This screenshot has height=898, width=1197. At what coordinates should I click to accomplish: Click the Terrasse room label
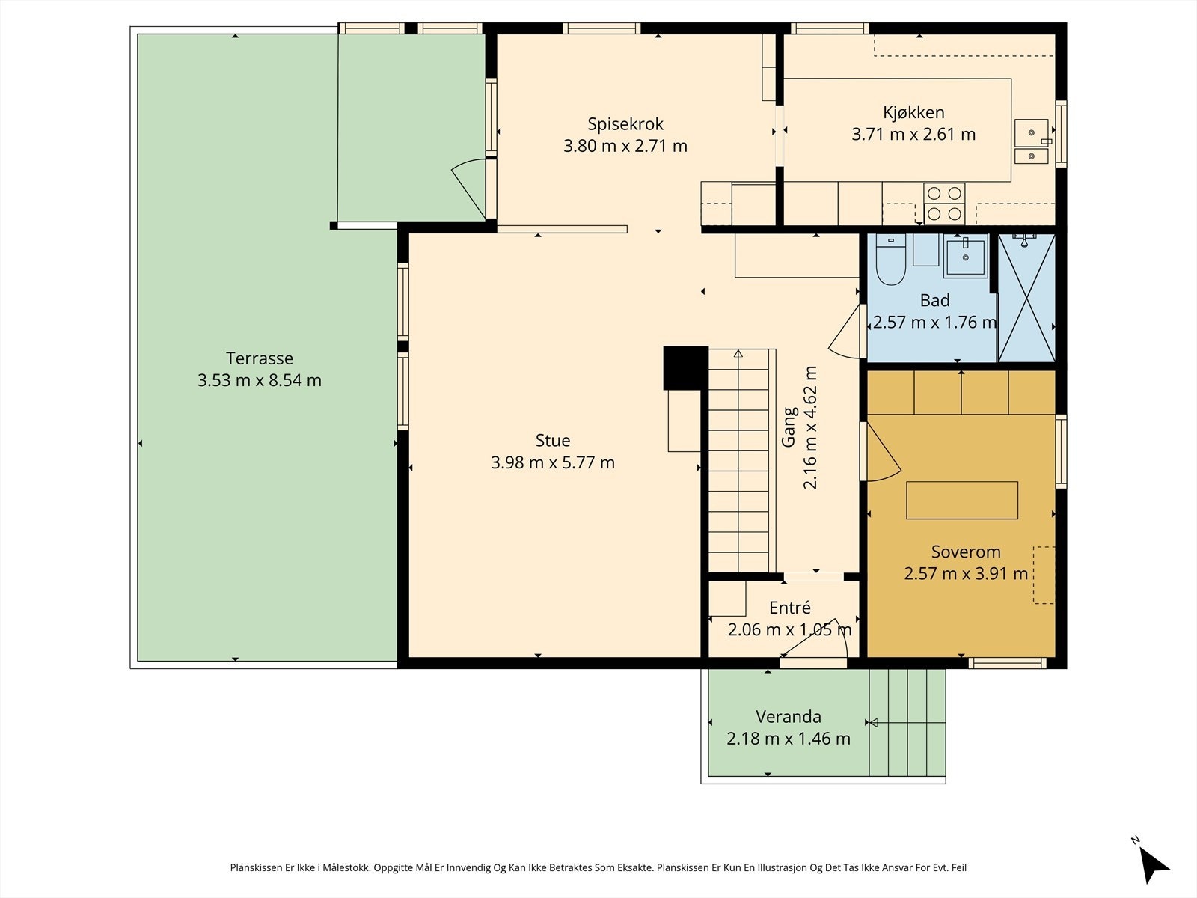pyautogui.click(x=260, y=358)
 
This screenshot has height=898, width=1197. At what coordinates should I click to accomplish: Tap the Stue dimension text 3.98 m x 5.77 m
pyautogui.click(x=552, y=462)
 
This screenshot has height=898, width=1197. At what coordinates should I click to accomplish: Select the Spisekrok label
pyautogui.click(x=625, y=124)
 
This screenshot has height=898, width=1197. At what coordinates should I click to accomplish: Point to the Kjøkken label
pyautogui.click(x=913, y=112)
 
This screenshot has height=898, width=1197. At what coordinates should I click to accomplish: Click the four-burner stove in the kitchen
pyautogui.click(x=944, y=204)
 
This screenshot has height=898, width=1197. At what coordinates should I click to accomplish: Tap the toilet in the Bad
pyautogui.click(x=890, y=260)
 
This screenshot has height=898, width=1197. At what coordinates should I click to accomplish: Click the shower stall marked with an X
pyautogui.click(x=1026, y=298)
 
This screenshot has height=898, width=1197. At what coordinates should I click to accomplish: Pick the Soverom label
pyautogui.click(x=965, y=552)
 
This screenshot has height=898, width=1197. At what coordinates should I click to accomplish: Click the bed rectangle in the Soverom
pyautogui.click(x=962, y=500)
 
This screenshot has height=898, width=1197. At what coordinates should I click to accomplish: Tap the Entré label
pyautogui.click(x=789, y=608)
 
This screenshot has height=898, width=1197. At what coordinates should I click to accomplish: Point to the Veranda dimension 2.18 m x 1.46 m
pyautogui.click(x=788, y=739)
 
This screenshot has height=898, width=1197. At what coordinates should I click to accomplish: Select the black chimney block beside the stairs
pyautogui.click(x=685, y=368)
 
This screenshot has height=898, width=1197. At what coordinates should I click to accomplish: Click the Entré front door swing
pyautogui.click(x=818, y=643)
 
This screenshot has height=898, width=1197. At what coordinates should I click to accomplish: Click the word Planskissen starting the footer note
pyautogui.click(x=257, y=867)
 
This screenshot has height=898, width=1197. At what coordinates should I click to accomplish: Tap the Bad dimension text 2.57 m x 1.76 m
pyautogui.click(x=934, y=323)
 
